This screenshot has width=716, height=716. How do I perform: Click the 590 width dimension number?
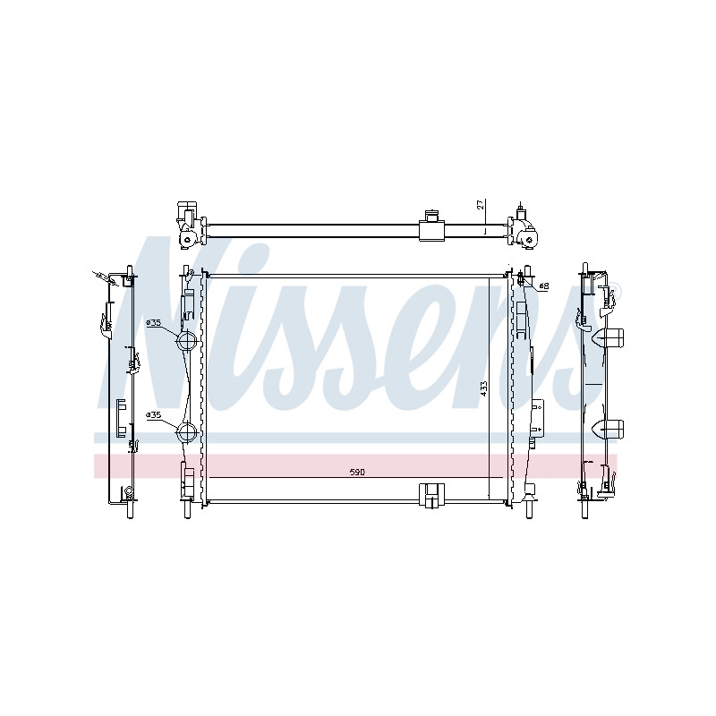click(x=357, y=473)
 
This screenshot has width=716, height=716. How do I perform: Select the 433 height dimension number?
click(x=484, y=388)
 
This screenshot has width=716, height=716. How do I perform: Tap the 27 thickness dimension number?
click(x=480, y=204)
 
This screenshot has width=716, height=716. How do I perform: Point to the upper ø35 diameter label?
click(x=154, y=323)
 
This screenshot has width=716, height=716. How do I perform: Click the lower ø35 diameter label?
click(x=154, y=415)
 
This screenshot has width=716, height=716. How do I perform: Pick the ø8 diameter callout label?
click(x=544, y=286)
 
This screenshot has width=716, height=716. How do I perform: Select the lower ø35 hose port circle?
click(x=186, y=432)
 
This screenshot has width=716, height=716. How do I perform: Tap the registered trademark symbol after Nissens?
click(x=616, y=286)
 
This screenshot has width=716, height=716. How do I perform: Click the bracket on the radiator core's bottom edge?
click(x=431, y=496)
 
